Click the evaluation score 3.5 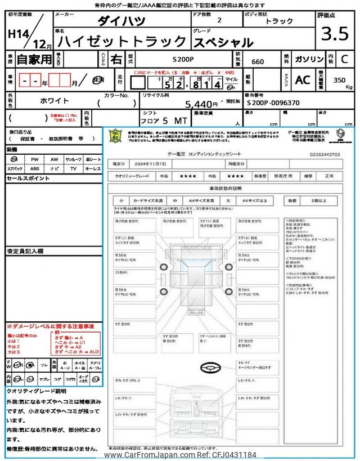coord(335,34)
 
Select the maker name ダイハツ coord(121,21)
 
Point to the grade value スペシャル coord(224,42)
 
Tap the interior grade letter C coord(344,59)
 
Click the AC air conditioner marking coord(302,80)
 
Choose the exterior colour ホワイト coord(55,101)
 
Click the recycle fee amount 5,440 coord(201,104)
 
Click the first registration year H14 coord(20,33)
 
